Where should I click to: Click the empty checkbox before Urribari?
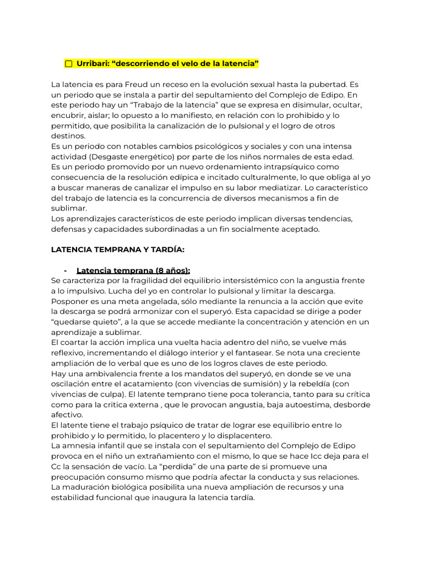point(69,64)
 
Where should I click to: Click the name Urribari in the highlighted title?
point(91,64)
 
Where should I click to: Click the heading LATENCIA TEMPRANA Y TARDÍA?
point(118,250)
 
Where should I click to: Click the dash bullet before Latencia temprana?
point(66,270)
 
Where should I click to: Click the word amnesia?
point(78,446)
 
